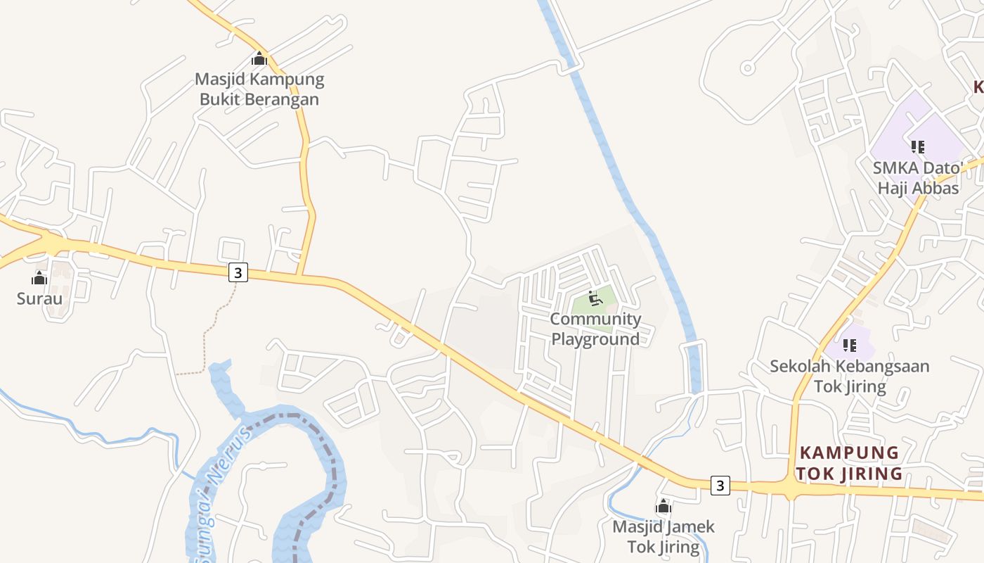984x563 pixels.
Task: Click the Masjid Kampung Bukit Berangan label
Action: (x=259, y=89)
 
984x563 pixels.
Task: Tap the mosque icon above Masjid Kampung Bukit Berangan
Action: (x=259, y=58)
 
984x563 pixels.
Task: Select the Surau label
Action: (x=39, y=298)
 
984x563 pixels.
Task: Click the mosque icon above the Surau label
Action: (x=39, y=278)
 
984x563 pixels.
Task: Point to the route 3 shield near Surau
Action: (x=239, y=272)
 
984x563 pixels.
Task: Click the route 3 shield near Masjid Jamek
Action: (x=720, y=485)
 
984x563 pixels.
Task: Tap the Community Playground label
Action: (x=595, y=329)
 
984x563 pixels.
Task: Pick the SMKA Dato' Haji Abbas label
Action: (x=918, y=178)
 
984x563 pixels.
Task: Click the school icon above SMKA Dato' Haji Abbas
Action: (x=917, y=147)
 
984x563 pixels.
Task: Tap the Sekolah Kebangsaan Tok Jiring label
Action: (x=850, y=376)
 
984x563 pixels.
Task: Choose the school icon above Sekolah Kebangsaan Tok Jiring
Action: (x=850, y=346)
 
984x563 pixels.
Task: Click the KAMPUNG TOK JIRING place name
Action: (x=849, y=462)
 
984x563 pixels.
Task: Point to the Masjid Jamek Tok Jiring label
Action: (x=663, y=536)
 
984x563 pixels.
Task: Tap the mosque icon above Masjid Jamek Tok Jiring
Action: (x=663, y=506)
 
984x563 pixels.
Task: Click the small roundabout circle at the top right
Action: (x=748, y=68)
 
